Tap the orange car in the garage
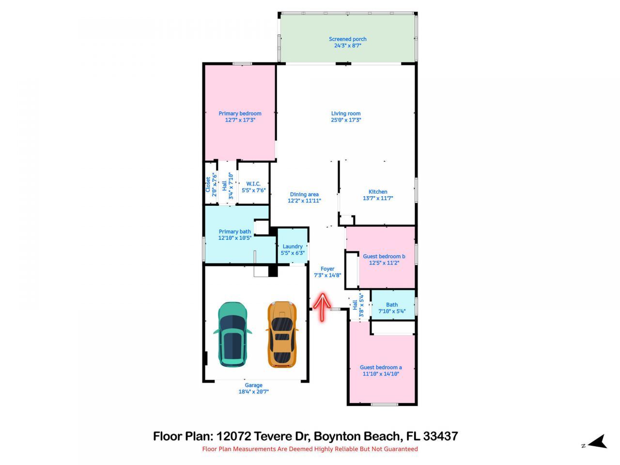281,334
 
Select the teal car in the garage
232,334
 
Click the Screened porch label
347,39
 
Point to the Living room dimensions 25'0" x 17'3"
346,120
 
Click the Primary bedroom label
240,113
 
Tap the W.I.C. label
253,184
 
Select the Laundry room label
293,247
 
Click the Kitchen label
378,192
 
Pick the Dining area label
304,195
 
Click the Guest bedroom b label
384,256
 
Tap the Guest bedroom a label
381,367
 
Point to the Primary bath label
235,232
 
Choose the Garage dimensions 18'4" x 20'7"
253,392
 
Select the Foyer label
327,269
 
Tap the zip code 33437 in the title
440,436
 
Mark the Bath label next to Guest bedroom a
392,305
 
